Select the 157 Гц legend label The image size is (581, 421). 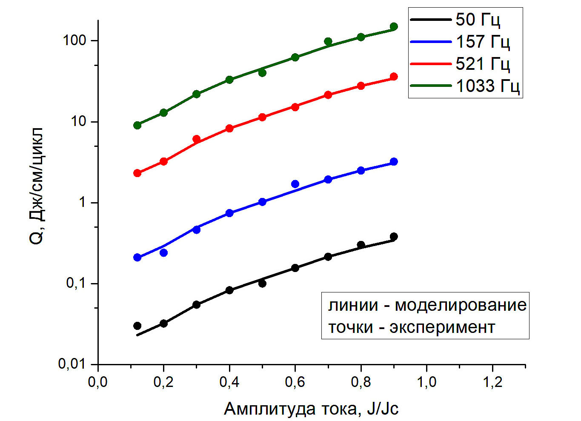click(x=483, y=42)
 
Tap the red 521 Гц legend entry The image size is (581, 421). click(x=483, y=64)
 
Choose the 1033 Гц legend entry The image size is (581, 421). click(x=488, y=86)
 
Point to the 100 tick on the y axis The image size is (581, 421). click(x=74, y=40)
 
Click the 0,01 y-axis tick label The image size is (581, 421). click(x=72, y=364)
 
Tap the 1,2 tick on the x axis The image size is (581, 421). click(x=492, y=382)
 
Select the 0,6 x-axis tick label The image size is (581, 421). click(x=295, y=382)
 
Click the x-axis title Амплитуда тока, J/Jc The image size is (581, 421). click(x=311, y=409)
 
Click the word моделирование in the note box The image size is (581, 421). click(x=461, y=305)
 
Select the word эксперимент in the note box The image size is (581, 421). click(x=442, y=327)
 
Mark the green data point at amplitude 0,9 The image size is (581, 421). click(x=394, y=27)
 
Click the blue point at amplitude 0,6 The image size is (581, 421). click(x=295, y=184)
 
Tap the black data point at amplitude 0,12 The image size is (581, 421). click(x=137, y=326)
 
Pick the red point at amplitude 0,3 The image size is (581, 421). click(x=196, y=139)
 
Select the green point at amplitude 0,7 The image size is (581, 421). click(x=328, y=41)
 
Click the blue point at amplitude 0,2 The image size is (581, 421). click(x=163, y=253)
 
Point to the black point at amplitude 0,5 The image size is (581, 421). click(x=262, y=283)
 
